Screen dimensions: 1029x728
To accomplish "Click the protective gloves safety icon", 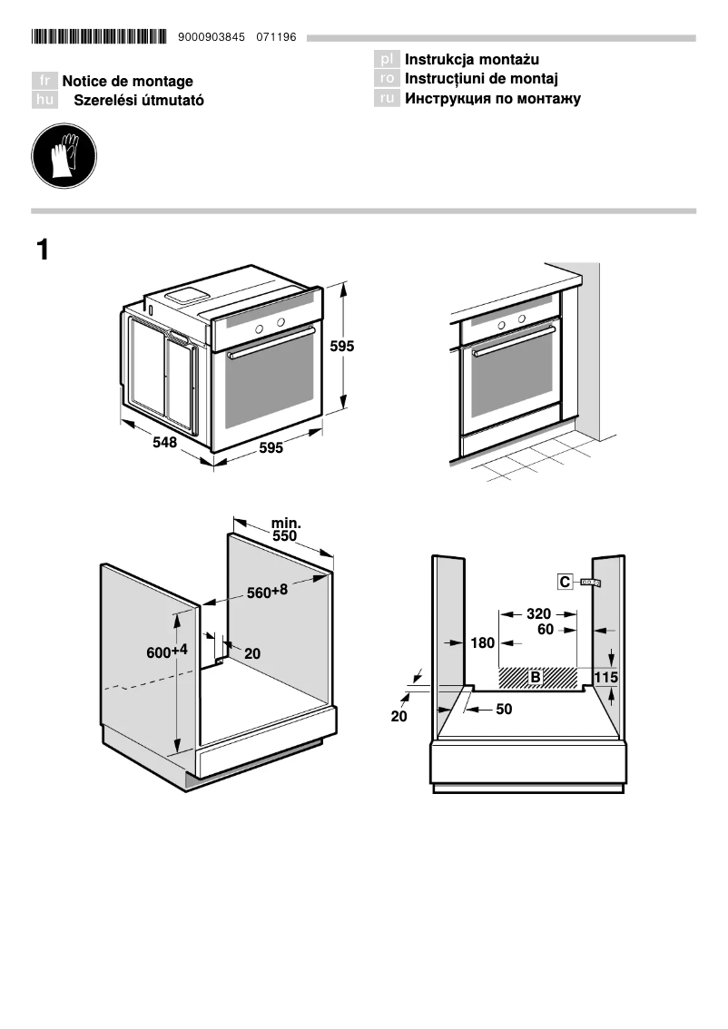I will click(x=64, y=156).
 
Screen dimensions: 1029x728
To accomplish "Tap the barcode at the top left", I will click(x=99, y=37).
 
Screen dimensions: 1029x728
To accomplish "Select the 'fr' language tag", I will click(x=44, y=81).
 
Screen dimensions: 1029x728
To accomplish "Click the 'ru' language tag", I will click(x=387, y=99).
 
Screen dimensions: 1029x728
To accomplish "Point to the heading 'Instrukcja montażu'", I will click(x=472, y=60).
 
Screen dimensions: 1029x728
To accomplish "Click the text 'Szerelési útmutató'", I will click(x=138, y=101).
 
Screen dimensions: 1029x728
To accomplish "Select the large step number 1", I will click(x=43, y=250).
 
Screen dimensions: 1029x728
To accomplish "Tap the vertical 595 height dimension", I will click(x=341, y=346).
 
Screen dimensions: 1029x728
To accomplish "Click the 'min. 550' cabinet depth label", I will click(x=285, y=530).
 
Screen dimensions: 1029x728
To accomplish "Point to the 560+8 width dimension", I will click(x=267, y=592).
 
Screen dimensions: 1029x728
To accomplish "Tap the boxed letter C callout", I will click(x=565, y=582).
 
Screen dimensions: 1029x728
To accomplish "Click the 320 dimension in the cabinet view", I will click(x=538, y=613).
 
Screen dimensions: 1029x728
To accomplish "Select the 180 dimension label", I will click(x=483, y=643).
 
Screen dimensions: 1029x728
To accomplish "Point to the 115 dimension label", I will click(x=605, y=677).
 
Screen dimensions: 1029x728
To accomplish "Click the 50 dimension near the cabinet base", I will click(x=504, y=709).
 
